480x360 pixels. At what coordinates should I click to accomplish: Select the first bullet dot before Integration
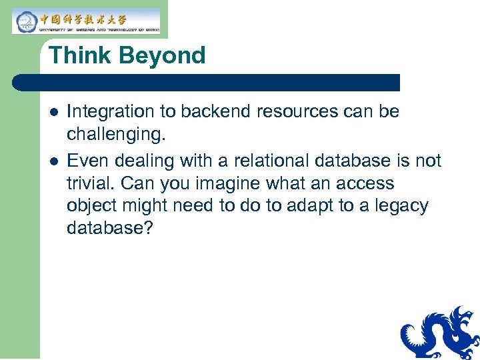[53, 112]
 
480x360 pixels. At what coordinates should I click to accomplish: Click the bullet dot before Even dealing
[53, 161]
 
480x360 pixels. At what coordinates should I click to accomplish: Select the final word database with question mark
[110, 229]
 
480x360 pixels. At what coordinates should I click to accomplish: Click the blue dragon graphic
[441, 333]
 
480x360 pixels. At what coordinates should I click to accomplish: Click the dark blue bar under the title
[207, 83]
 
